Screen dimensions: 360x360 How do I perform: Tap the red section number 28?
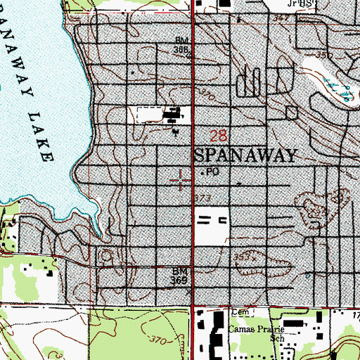coord(219,134)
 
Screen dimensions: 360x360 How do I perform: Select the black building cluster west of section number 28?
coord(172,115)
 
